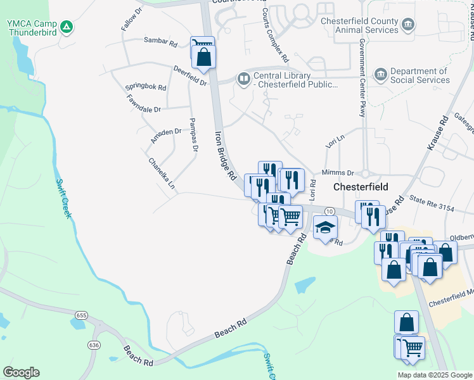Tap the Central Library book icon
tap(243, 79)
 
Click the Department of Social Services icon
tap(380, 75)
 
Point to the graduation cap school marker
tap(326, 227)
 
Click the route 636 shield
tap(94, 345)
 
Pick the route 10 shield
tap(329, 210)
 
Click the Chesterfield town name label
tap(361, 187)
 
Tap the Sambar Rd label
tap(160, 43)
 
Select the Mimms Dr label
tap(338, 172)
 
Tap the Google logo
tap(21, 372)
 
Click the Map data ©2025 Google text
tap(434, 375)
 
